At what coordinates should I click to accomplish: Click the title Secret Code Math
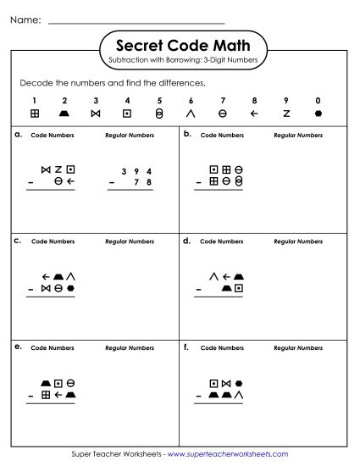coord(179,45)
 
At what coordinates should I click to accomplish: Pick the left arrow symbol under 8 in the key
coord(254,113)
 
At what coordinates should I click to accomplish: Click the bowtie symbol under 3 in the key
coord(96,113)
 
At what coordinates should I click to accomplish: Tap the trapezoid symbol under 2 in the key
coord(65,113)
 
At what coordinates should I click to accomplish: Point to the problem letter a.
coord(18,135)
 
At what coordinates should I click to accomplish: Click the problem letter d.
coord(186,241)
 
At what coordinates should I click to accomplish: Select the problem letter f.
coord(186,347)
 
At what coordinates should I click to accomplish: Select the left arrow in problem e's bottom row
coord(58,394)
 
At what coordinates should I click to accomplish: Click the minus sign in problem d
coord(198,288)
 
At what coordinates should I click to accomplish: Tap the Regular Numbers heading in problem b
coord(298,135)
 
